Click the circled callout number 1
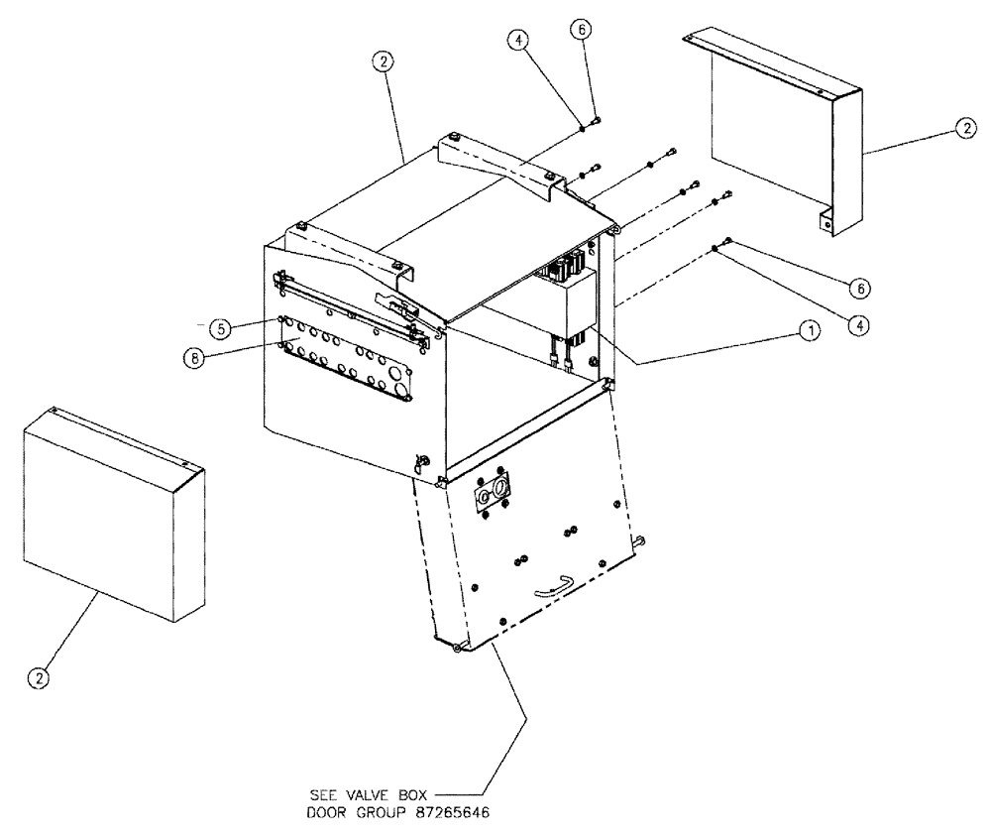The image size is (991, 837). [x=810, y=334]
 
